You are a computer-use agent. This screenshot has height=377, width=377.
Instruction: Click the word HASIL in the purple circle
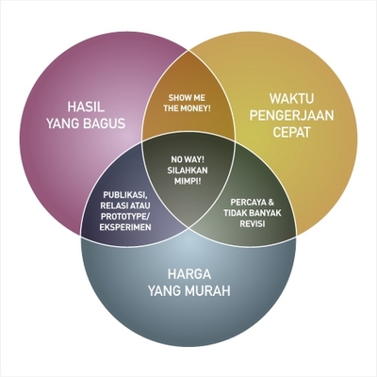(86, 107)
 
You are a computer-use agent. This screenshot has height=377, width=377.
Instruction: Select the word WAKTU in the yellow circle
(291, 99)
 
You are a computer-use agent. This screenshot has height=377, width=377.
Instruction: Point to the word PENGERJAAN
(291, 116)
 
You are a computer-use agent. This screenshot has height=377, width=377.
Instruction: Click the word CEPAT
(291, 132)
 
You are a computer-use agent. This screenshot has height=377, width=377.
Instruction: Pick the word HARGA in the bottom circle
(188, 274)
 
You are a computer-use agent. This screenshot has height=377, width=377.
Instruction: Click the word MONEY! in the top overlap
(197, 108)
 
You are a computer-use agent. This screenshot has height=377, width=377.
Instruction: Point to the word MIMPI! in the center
(188, 181)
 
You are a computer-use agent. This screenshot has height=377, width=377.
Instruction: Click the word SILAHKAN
(188, 171)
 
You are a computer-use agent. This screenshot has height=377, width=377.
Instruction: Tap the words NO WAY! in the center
(188, 159)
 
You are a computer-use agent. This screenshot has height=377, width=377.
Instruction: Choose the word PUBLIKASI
(125, 195)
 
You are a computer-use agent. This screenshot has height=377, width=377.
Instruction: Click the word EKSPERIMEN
(125, 227)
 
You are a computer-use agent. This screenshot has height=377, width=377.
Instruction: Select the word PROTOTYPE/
(125, 217)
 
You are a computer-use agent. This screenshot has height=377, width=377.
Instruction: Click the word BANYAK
(266, 213)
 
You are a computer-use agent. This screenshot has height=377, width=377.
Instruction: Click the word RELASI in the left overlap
(113, 205)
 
